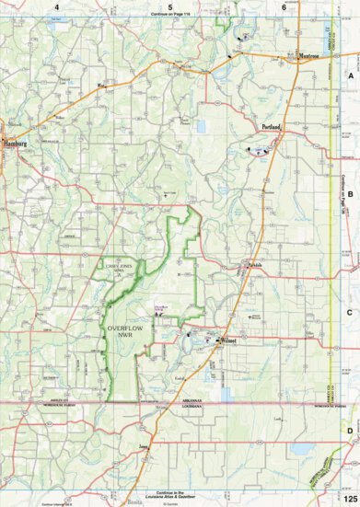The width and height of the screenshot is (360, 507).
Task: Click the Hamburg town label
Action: pyautogui.click(x=17, y=144)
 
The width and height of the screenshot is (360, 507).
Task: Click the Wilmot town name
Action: pyautogui.click(x=230, y=340)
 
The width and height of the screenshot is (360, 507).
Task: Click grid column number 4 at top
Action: pyautogui.click(x=57, y=7)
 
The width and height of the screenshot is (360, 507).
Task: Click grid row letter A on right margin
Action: pyautogui.click(x=350, y=79)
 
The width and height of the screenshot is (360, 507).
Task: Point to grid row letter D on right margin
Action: pyautogui.click(x=350, y=429)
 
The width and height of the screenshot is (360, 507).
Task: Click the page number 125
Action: pyautogui.click(x=347, y=497)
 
